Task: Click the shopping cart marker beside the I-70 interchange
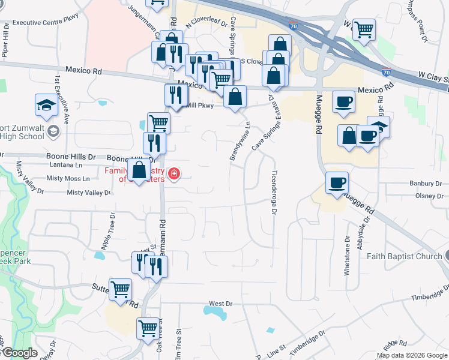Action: pos(363,29)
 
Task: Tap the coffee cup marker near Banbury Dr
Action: pos(337,182)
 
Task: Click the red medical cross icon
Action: pos(174,174)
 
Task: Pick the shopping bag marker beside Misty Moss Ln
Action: pos(139,170)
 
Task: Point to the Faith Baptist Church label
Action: pos(403,256)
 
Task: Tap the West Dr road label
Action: pos(220,304)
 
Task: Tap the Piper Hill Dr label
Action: pos(5,42)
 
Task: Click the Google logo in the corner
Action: pos(19,353)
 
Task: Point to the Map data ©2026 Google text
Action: pos(412,355)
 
